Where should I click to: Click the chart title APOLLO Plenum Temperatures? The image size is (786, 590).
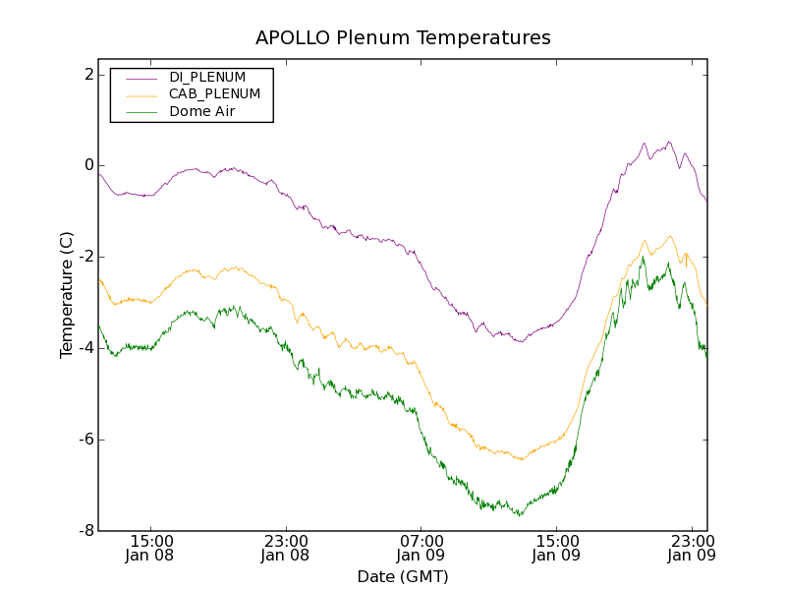(x=403, y=38)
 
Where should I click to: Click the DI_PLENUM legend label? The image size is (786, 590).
(x=207, y=77)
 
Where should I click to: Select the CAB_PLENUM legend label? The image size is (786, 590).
(x=214, y=94)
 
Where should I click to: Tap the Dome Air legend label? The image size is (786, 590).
(x=202, y=112)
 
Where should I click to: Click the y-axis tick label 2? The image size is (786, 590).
(x=88, y=75)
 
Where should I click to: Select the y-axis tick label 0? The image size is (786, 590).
(x=88, y=165)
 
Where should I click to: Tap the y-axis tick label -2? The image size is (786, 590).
(x=85, y=257)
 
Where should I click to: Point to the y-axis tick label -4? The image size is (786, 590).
(x=85, y=348)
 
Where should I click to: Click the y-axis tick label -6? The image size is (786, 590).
(x=85, y=440)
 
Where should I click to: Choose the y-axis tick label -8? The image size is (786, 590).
(x=85, y=531)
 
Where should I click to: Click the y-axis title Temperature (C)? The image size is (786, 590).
(x=67, y=295)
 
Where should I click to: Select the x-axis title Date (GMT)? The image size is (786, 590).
(x=403, y=576)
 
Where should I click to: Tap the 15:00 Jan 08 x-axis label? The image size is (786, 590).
(x=151, y=548)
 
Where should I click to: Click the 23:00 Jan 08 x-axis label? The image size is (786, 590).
(x=286, y=548)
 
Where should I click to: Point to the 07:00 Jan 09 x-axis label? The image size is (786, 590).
(x=421, y=548)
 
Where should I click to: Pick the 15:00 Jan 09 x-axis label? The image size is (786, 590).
(x=556, y=548)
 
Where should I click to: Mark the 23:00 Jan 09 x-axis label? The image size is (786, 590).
(x=691, y=548)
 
